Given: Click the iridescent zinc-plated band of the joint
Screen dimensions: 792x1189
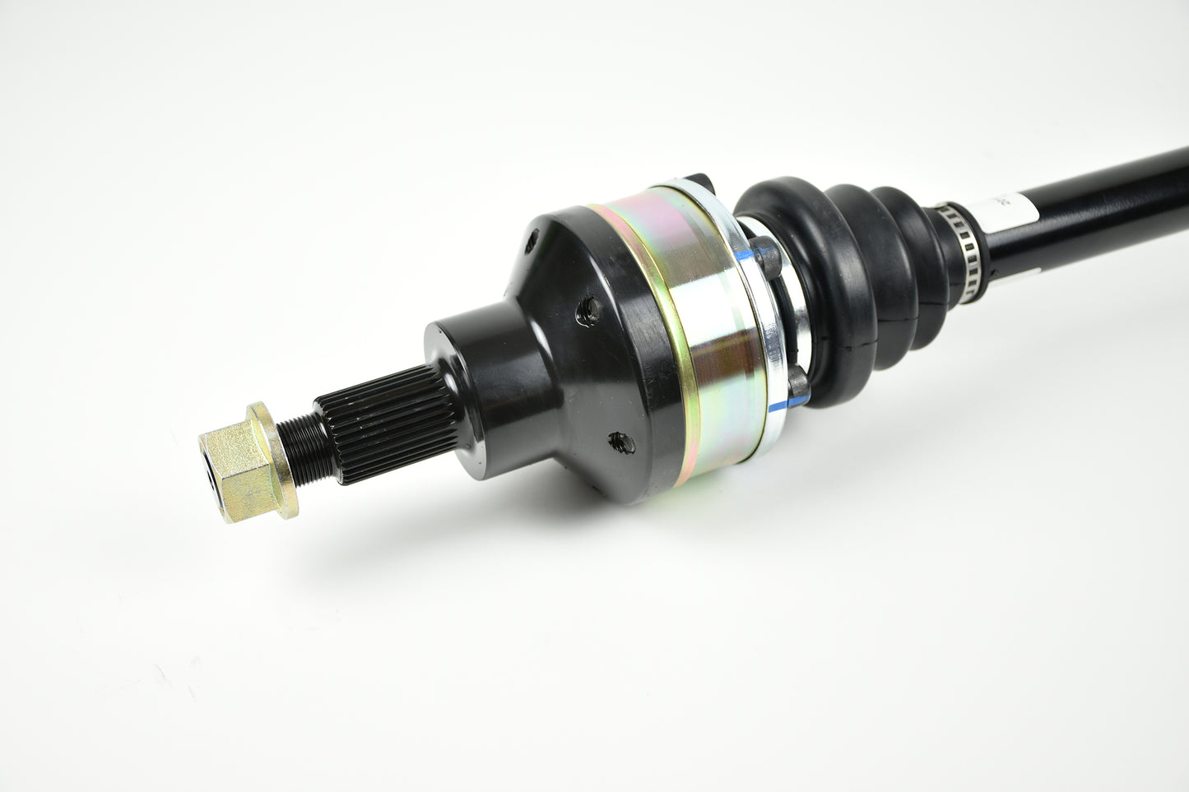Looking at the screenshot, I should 704,329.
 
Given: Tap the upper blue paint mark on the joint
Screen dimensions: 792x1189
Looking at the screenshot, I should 745,256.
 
